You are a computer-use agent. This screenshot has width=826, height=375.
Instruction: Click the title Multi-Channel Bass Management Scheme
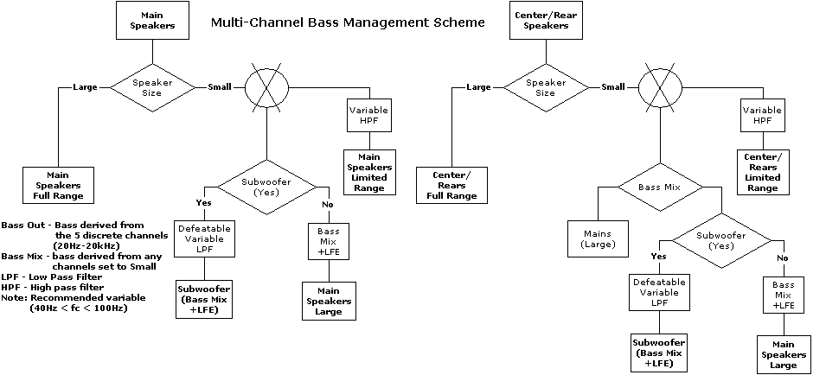coord(349,23)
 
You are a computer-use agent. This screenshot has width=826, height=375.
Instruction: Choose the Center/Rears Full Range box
coord(451,184)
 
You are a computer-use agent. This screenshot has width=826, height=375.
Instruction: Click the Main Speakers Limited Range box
coord(369,171)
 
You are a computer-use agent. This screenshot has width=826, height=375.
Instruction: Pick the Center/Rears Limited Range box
coord(762,171)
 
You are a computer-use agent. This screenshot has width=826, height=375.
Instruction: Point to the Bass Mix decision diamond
coord(660,187)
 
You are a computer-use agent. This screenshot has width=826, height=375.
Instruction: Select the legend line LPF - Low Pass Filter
coord(53,276)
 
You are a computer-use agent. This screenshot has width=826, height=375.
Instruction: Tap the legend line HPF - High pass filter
coord(53,287)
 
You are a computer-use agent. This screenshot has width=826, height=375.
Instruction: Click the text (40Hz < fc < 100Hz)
coord(79,308)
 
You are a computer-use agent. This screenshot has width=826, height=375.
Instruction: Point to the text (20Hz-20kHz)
coord(87,245)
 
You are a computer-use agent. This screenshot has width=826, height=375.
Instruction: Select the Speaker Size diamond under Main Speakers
coord(152,86)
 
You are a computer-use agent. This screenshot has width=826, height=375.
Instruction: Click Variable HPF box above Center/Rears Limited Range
coord(762,116)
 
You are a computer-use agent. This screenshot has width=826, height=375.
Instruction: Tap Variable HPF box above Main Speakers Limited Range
coord(369,116)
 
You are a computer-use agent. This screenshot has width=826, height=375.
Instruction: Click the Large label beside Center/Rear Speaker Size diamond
coord(479,86)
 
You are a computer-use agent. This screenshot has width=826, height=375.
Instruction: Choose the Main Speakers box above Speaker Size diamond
coord(152,19)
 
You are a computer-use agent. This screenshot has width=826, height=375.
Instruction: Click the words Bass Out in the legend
coord(23,225)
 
